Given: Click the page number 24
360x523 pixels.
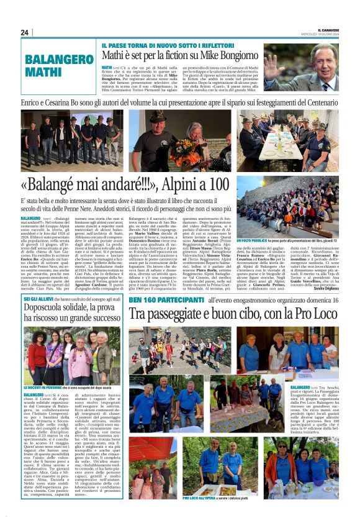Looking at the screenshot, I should pos(24,32).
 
